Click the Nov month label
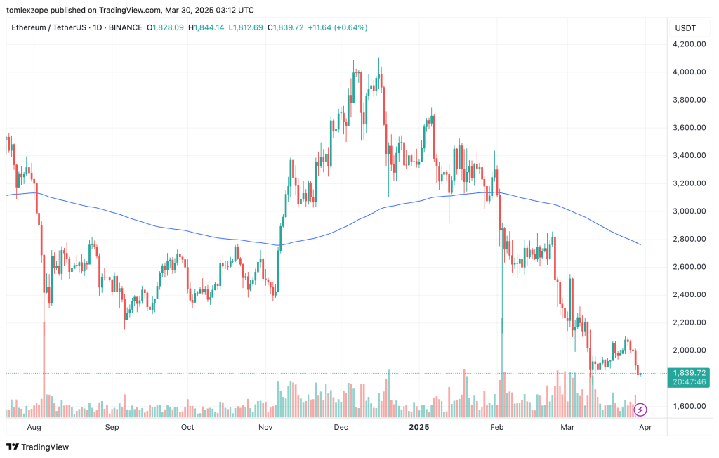265,426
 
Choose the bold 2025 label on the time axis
419,426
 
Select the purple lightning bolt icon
640,409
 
